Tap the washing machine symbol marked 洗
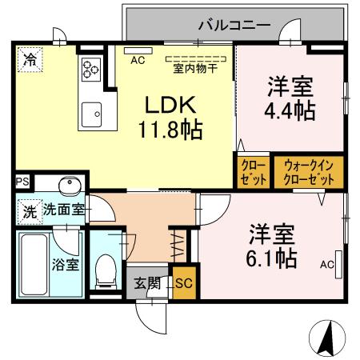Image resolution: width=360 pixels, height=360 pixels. coord(29,214)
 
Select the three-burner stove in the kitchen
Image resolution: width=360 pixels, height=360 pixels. coord(89,70)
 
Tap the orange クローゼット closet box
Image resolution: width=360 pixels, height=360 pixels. coord(254,172)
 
